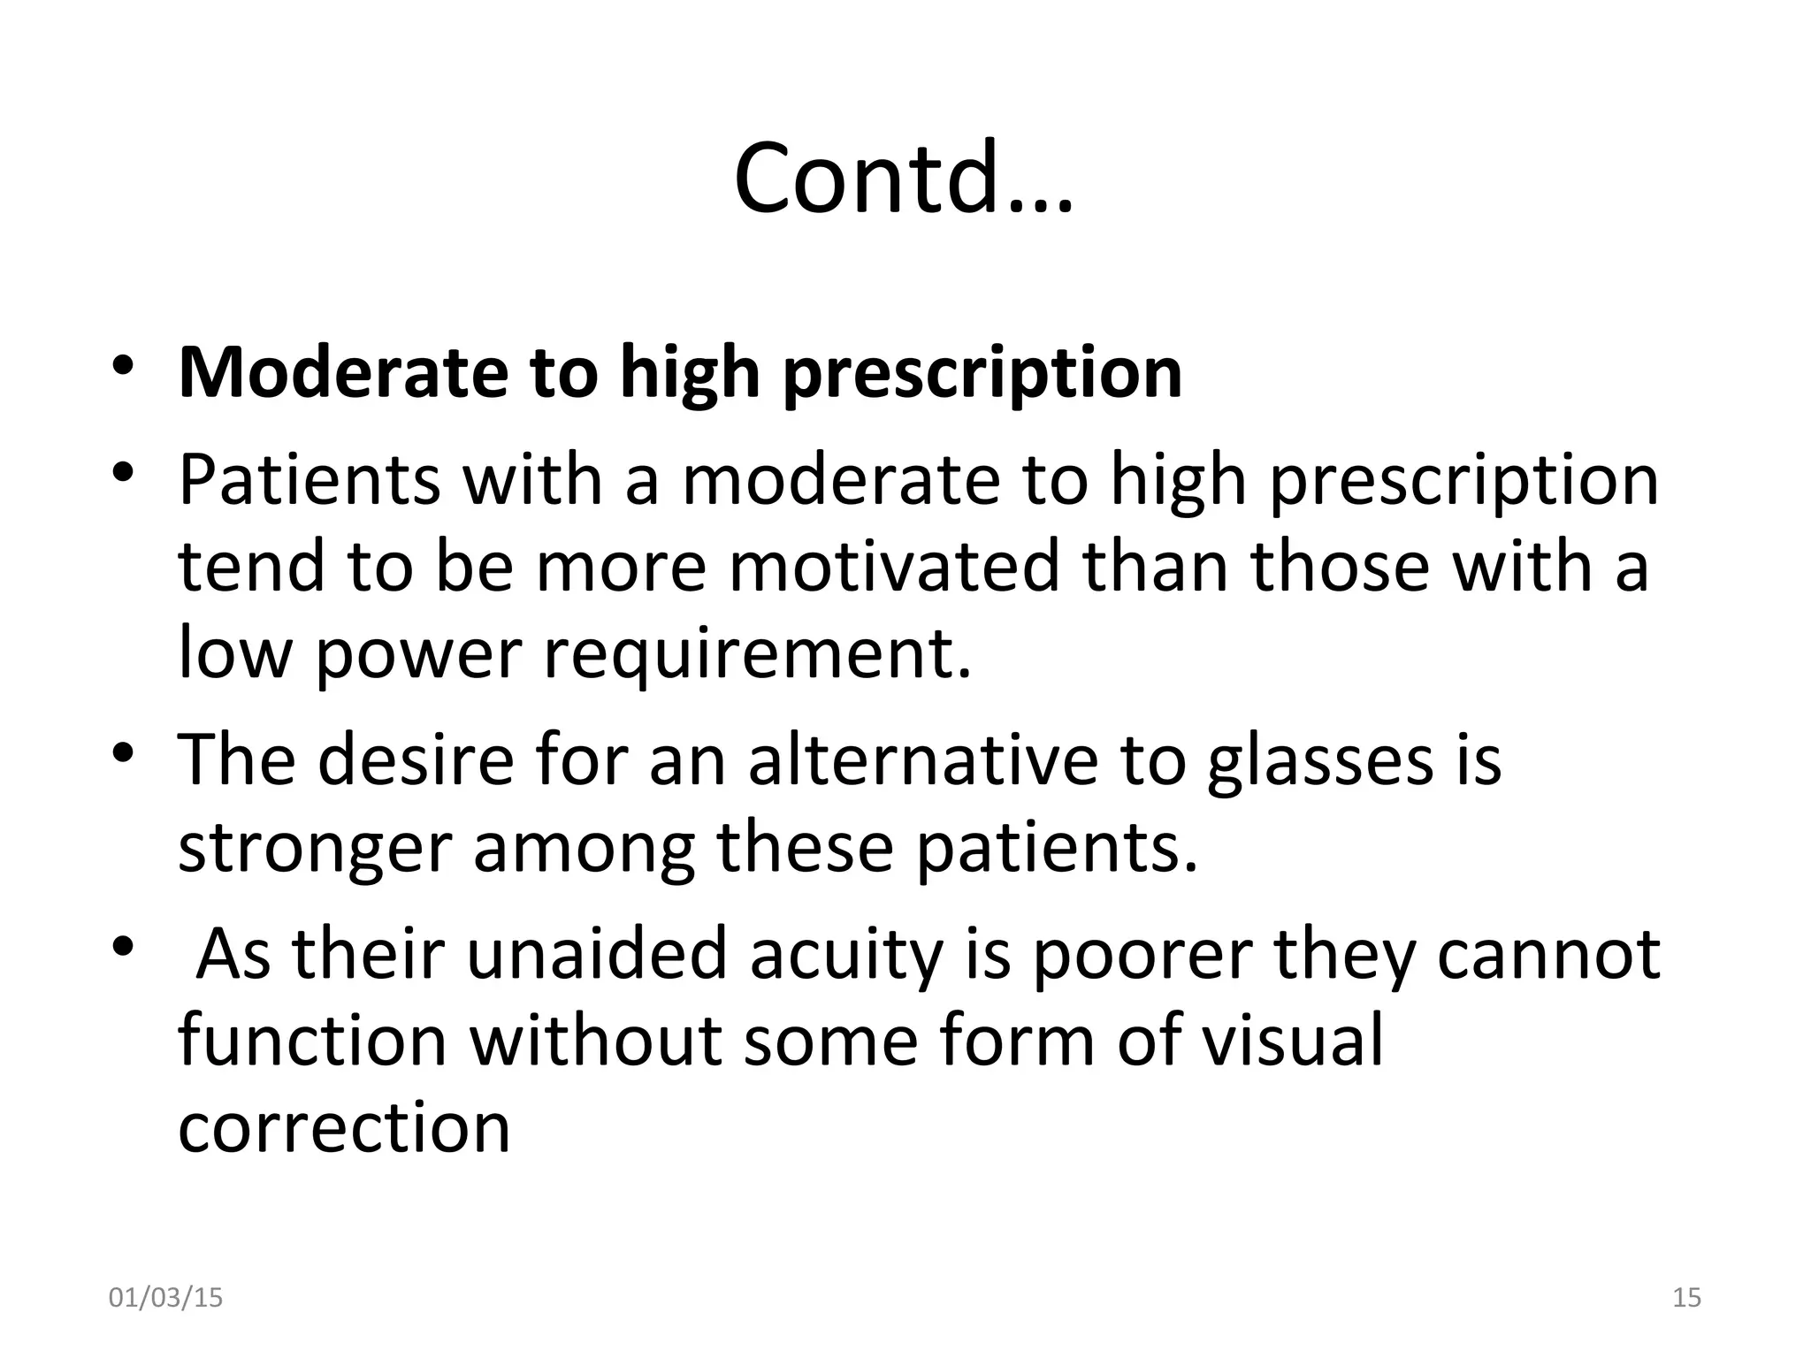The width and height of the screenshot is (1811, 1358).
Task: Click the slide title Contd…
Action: [903, 179]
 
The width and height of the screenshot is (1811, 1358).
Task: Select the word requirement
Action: [757, 655]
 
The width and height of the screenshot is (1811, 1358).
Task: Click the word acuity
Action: [847, 955]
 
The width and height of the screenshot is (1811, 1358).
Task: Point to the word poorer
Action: [1142, 955]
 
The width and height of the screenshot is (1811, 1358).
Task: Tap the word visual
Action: [1290, 1040]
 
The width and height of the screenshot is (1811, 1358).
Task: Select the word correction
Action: [344, 1128]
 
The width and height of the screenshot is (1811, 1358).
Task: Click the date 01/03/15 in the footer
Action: [165, 1297]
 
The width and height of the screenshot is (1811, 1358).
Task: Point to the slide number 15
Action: [1687, 1297]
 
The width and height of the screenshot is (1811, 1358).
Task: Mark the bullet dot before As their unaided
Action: [123, 947]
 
